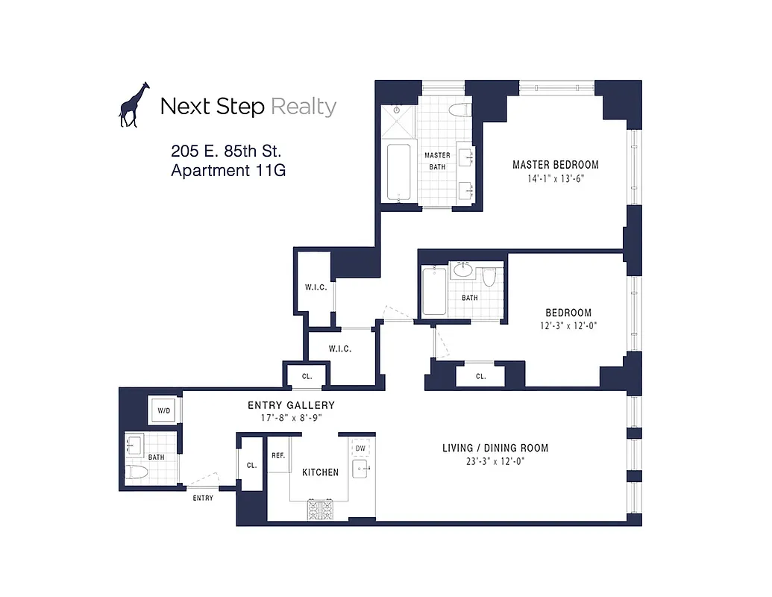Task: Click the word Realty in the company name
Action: pyautogui.click(x=303, y=107)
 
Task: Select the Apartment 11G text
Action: pyautogui.click(x=228, y=170)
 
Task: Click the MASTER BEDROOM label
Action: pyautogui.click(x=555, y=165)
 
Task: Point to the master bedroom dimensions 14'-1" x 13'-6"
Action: pyautogui.click(x=555, y=178)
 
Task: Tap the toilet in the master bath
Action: pyautogui.click(x=459, y=110)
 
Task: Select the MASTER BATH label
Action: pyautogui.click(x=437, y=160)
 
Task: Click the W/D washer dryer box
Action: pyautogui.click(x=163, y=410)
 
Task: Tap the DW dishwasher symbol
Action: pyautogui.click(x=360, y=448)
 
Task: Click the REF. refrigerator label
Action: pyautogui.click(x=278, y=455)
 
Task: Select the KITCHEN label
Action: pyautogui.click(x=320, y=472)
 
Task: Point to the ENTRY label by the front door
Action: pyautogui.click(x=202, y=498)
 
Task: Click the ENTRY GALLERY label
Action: pyautogui.click(x=291, y=405)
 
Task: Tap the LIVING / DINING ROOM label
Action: pyautogui.click(x=495, y=448)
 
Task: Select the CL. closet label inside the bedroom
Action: pyautogui.click(x=480, y=377)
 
